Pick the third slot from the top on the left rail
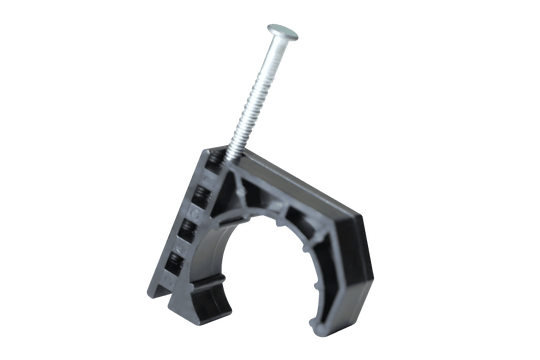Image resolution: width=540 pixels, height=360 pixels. (x=190, y=231)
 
